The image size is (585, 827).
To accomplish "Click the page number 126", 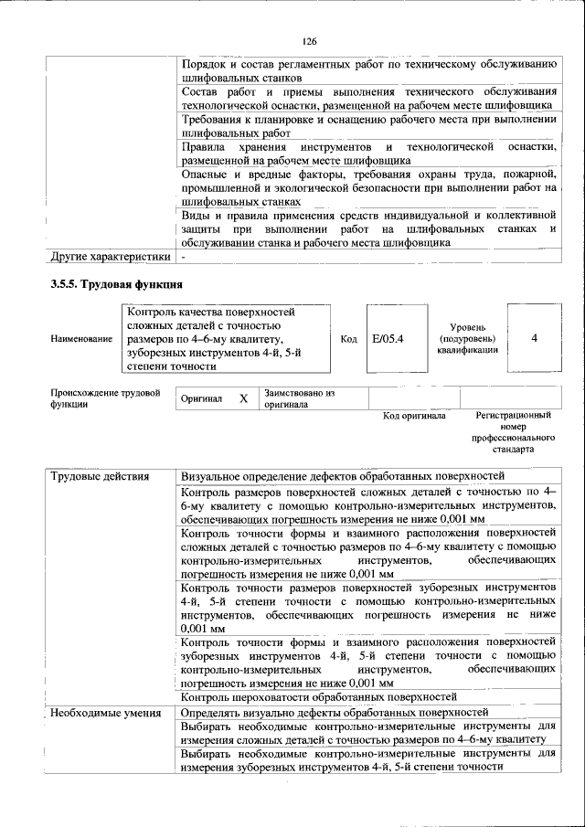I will coord(309,41).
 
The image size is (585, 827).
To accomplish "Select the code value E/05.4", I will coord(381,339).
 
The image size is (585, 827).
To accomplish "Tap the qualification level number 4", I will coord(533,338).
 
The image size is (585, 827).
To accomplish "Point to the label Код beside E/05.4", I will coord(348,339).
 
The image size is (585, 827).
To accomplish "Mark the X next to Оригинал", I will coord(243,399).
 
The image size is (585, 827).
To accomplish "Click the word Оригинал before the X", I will coord(202,399).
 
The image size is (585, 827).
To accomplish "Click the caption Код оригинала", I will coord(414,416).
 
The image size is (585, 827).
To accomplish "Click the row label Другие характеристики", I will coord(110,257).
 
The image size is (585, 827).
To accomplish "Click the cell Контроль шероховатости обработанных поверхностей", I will coord(319,697).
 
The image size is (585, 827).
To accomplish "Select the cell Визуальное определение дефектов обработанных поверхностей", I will coord(343,477).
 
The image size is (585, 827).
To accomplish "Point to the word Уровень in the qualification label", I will coord(473,326).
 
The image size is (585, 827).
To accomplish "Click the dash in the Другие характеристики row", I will coord(184,257).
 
